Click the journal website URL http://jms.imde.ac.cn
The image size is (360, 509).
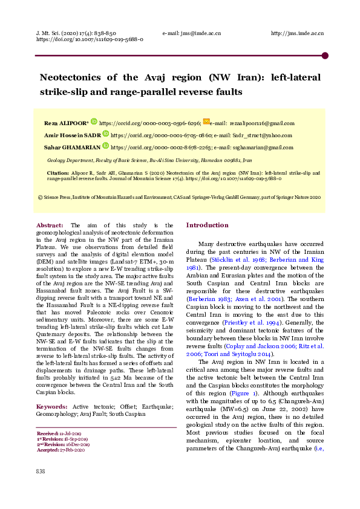click(297, 33)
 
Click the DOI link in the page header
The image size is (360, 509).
click(90, 40)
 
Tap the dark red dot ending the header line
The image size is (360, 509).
click(325, 56)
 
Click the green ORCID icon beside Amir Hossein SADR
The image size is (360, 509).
click(106, 134)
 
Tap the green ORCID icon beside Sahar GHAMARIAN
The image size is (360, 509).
click(106, 146)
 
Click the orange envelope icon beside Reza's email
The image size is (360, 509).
click(206, 122)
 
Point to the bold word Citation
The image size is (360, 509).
click(57, 173)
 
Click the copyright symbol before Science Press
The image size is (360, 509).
click(41, 197)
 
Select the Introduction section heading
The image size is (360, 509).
click(207, 225)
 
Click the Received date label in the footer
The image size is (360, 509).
click(48, 434)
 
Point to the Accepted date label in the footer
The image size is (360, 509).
click(48, 450)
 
